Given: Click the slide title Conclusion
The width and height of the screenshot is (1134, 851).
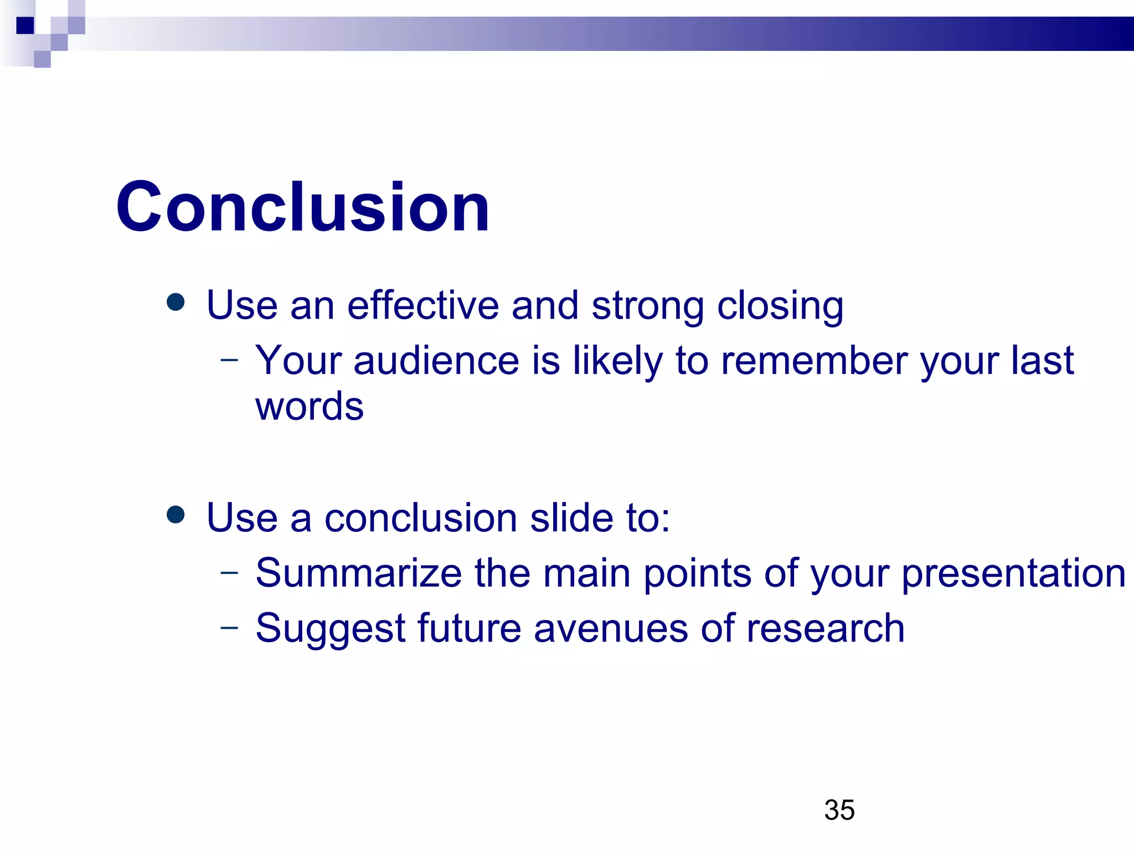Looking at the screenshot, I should (302, 207).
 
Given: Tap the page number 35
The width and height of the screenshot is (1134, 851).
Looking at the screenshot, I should (839, 810).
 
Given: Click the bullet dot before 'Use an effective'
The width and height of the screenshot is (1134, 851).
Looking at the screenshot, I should (176, 302).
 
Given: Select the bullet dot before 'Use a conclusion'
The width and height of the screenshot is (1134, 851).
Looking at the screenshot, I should (176, 514).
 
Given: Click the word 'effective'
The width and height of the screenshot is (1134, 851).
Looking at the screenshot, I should (423, 305).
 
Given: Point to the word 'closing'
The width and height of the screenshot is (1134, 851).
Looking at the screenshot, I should (780, 306).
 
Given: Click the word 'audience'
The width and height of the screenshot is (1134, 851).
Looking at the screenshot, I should (436, 361).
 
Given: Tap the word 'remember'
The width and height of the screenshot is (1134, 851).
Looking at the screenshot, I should (814, 361).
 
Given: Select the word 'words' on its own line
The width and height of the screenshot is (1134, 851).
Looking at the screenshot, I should (309, 406).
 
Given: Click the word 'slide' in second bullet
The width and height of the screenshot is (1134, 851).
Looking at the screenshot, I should (571, 517).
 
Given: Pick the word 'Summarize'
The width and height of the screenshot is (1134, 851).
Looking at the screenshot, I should (358, 573).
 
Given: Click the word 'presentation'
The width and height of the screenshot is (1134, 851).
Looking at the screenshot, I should (1013, 574).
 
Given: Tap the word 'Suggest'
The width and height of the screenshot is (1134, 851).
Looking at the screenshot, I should (331, 629).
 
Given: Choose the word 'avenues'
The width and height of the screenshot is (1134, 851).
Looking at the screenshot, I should (611, 629).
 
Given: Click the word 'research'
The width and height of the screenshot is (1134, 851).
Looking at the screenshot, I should (825, 629).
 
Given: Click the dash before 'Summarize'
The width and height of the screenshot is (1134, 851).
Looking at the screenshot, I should (229, 572).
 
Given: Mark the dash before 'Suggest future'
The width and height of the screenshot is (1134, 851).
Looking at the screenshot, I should (229, 628).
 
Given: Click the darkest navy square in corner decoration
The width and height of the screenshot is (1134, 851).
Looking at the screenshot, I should (25, 25).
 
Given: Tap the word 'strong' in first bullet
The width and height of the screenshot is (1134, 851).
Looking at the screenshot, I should (647, 306).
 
